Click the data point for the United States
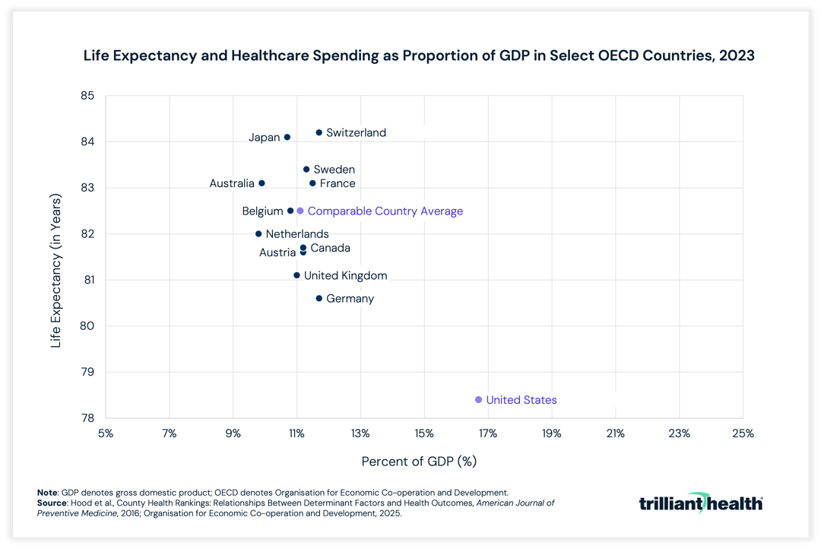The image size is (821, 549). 478,400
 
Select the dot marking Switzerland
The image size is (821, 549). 319,132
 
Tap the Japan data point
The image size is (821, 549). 287,138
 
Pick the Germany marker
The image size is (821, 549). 319,299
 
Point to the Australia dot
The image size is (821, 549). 262,183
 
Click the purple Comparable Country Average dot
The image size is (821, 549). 300,211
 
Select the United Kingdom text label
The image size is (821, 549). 345,276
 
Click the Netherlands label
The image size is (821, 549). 297,234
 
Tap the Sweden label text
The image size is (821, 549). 334,170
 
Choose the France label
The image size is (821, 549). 338,183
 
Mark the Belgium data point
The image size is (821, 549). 290,211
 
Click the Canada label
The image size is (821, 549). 330,248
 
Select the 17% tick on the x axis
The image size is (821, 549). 488,434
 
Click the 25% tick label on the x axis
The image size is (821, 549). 742,434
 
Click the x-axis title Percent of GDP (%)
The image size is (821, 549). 419,462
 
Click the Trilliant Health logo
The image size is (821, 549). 700,503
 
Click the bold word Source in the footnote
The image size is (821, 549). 54,503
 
